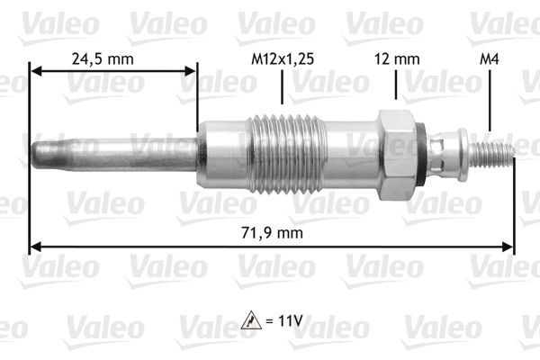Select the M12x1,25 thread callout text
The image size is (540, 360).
(283, 60)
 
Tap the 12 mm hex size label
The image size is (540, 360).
(396, 60)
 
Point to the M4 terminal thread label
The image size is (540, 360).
(489, 60)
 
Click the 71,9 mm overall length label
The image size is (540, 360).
(273, 232)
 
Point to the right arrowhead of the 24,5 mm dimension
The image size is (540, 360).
(191, 68)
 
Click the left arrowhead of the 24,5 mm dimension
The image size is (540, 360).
(36, 68)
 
